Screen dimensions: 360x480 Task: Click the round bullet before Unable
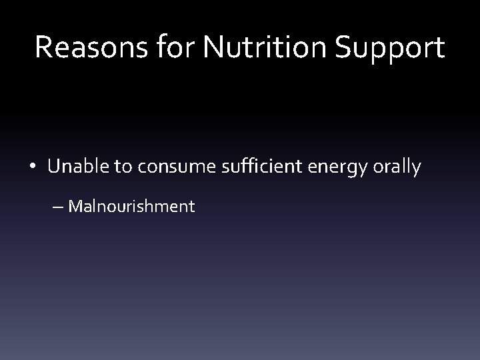point(33,167)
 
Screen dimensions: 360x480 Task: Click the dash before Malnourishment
point(58,207)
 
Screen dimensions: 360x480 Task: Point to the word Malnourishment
point(131,206)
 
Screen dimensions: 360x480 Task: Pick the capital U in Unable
point(54,167)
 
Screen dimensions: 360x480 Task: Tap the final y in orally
point(416,169)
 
